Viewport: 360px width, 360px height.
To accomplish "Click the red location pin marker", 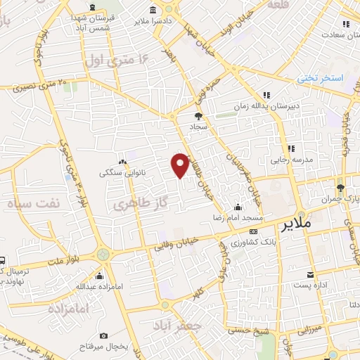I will (180, 164).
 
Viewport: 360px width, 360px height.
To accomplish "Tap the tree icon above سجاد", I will (198, 115).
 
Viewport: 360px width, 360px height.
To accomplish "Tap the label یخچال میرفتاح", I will (97, 347).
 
